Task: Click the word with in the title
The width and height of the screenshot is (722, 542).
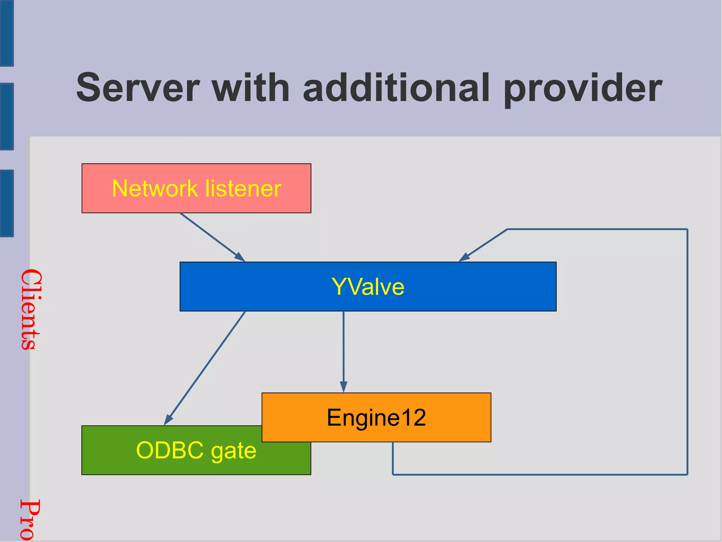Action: [251, 87]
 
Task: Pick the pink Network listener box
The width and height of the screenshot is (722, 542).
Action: [196, 188]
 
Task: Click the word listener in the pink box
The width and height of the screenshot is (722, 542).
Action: [243, 188]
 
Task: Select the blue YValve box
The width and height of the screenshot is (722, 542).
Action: [368, 286]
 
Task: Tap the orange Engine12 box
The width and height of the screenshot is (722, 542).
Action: [376, 417]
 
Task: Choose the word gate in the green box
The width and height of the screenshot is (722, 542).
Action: [233, 451]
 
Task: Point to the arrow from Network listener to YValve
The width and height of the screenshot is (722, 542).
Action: [212, 237]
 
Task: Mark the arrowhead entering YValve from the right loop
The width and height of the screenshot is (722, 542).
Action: [464, 257]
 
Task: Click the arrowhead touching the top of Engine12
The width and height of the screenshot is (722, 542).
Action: [343, 387]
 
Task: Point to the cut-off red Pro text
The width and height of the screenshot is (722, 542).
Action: [30, 520]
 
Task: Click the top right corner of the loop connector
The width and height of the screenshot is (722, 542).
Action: [687, 229]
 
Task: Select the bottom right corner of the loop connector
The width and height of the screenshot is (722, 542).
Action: [687, 475]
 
